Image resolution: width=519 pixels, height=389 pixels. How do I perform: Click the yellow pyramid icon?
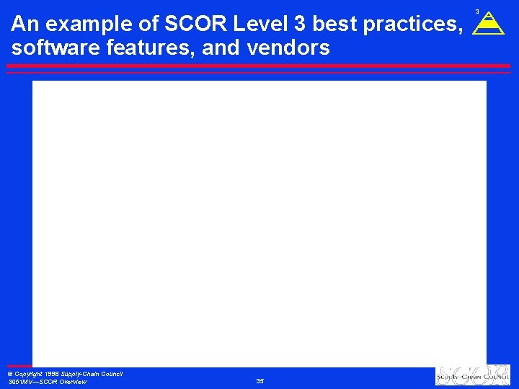(x=488, y=24)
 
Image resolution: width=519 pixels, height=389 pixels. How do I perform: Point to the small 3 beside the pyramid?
(x=477, y=11)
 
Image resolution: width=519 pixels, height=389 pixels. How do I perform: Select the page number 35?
(x=260, y=380)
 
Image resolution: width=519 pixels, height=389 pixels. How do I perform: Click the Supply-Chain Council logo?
(x=472, y=376)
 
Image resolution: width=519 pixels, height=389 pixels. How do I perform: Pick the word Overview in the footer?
(x=73, y=382)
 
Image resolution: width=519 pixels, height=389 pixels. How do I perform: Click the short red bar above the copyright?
(x=19, y=367)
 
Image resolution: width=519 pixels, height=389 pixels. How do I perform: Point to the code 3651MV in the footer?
(x=19, y=382)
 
